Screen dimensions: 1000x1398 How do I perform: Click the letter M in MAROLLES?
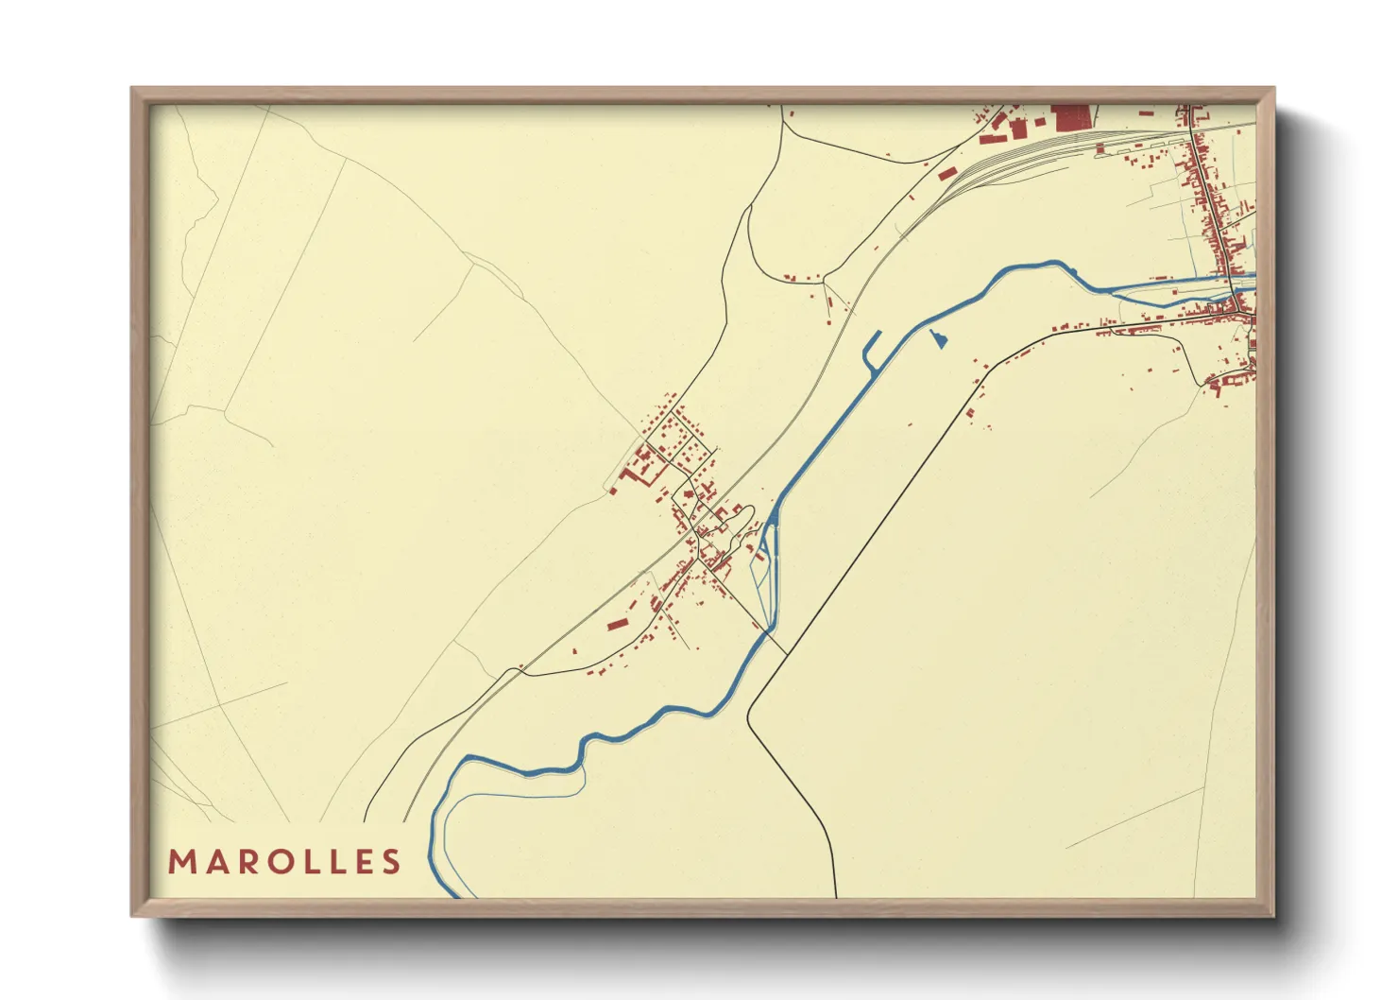click(x=182, y=862)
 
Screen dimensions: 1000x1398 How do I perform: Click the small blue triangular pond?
click(x=938, y=339)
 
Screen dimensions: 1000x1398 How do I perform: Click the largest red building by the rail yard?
click(x=1070, y=118)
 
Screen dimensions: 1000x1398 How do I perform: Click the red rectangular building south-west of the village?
click(x=617, y=624)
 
